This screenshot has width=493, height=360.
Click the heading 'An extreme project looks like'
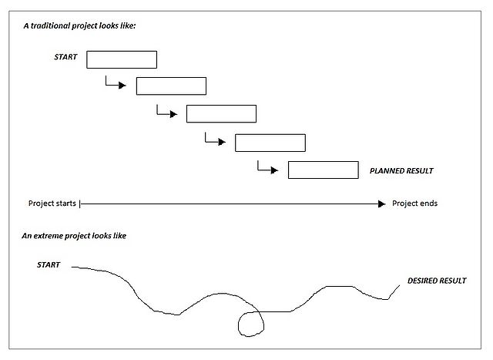click(x=74, y=234)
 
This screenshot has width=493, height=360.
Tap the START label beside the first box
click(x=65, y=57)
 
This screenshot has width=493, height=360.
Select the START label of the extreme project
click(x=49, y=265)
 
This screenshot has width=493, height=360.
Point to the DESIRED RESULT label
click(x=437, y=281)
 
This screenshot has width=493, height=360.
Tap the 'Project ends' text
click(x=414, y=204)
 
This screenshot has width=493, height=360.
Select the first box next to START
click(x=122, y=59)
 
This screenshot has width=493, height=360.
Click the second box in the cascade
click(x=171, y=86)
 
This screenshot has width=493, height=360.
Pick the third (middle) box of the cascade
click(x=221, y=113)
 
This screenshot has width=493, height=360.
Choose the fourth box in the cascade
click(x=270, y=143)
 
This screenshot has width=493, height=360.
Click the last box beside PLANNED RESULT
click(x=323, y=170)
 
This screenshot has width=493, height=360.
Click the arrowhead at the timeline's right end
click(x=381, y=204)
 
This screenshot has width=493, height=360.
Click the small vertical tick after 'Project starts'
click(x=80, y=204)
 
